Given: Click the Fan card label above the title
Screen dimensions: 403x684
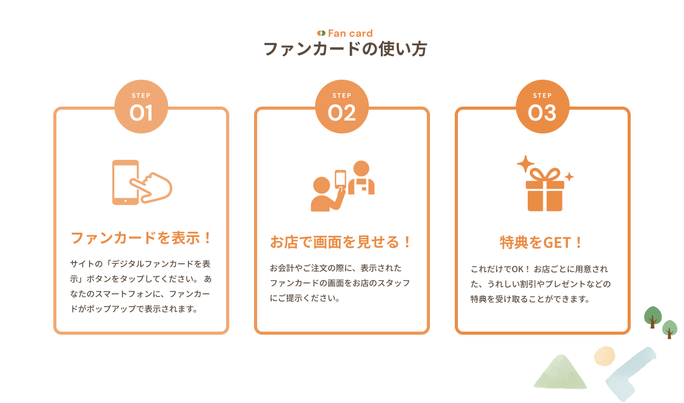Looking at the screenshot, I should pyautogui.click(x=350, y=33).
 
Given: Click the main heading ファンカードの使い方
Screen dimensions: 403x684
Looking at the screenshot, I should pyautogui.click(x=345, y=49).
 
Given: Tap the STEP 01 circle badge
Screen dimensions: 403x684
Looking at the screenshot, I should pyautogui.click(x=141, y=107).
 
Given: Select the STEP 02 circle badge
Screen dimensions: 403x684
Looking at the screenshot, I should pyautogui.click(x=341, y=107).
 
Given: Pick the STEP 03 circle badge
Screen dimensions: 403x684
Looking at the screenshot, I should pyautogui.click(x=542, y=107).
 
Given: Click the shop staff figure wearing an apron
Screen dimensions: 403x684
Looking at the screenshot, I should pyautogui.click(x=361, y=178).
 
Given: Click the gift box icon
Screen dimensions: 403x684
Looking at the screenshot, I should pyautogui.click(x=544, y=193).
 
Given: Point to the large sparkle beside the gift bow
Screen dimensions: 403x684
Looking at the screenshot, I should pyautogui.click(x=525, y=164).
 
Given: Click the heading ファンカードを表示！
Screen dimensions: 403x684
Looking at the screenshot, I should pyautogui.click(x=141, y=238).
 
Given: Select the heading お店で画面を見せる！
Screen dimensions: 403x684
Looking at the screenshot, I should pyautogui.click(x=341, y=242).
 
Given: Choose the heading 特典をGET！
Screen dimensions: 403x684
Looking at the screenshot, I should pyautogui.click(x=542, y=242).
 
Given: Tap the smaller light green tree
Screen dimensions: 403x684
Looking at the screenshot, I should pyautogui.click(x=670, y=329).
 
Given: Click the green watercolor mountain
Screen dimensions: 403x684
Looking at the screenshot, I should pyautogui.click(x=560, y=372).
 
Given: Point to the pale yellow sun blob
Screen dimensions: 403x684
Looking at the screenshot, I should pyautogui.click(x=604, y=356).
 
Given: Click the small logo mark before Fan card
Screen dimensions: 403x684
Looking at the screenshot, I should pyautogui.click(x=321, y=33).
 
